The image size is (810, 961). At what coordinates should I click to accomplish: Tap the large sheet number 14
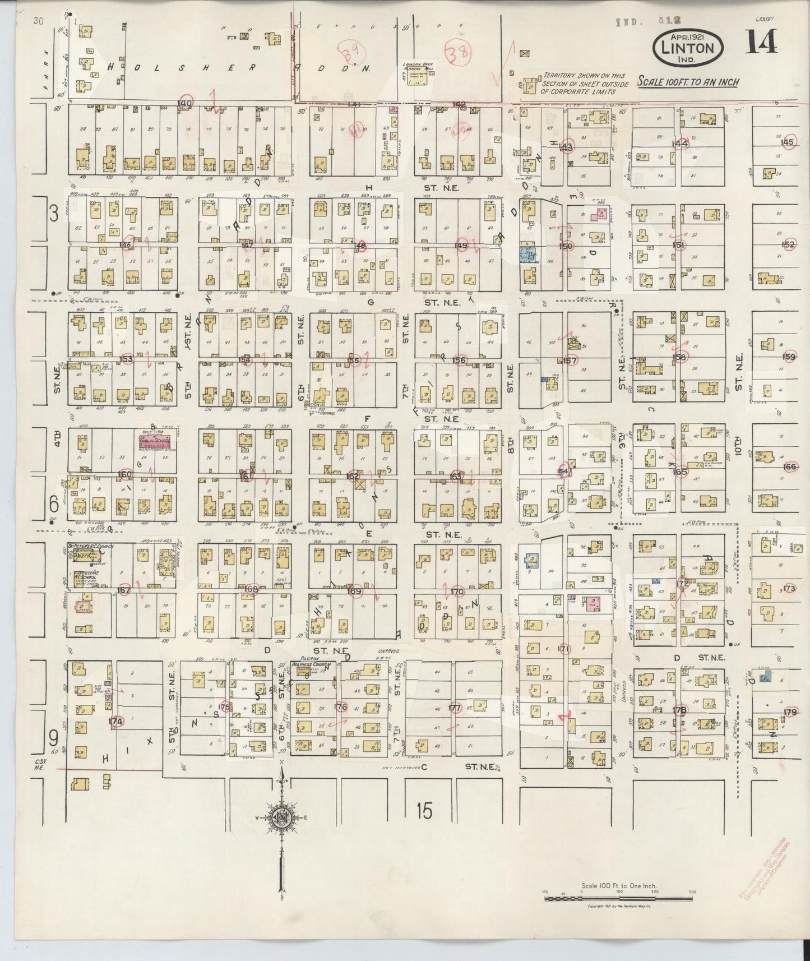pos(761,43)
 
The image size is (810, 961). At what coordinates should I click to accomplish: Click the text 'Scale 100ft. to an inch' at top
pos(688,82)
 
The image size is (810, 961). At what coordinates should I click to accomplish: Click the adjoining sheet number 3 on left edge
pos(53,214)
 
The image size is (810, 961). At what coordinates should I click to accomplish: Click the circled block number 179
pos(790,712)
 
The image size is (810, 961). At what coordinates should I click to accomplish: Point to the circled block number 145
pos(787,142)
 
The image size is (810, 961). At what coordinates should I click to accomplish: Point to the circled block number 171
pos(564,649)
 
